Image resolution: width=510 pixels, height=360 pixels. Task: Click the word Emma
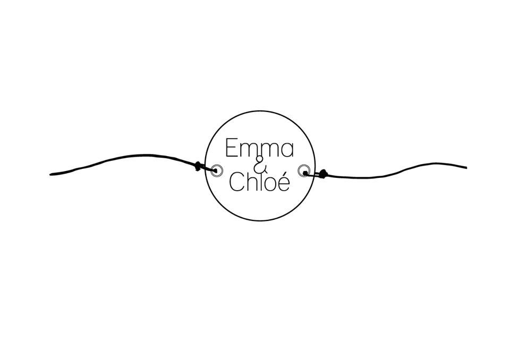pos(259,148)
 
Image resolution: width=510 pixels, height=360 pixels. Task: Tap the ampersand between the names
pos(260,166)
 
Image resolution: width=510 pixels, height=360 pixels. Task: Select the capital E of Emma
pos(231,148)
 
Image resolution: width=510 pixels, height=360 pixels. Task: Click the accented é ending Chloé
pos(284,182)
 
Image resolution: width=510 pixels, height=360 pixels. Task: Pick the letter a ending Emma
pos(286,151)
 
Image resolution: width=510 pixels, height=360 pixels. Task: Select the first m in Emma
pos(248,151)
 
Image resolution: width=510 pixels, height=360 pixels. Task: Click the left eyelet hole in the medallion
pos(216,170)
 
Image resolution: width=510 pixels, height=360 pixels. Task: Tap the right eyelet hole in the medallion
pos(304,171)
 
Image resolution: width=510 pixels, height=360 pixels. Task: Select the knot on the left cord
pos(198,166)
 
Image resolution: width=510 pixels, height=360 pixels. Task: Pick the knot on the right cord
pos(322,173)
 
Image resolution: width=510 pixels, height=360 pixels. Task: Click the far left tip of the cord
pos(51,174)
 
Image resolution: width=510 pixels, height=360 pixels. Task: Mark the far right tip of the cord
pos(465,167)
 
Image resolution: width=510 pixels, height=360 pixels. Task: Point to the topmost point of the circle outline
pos(260,111)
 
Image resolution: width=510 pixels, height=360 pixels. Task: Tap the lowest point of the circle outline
pos(260,220)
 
